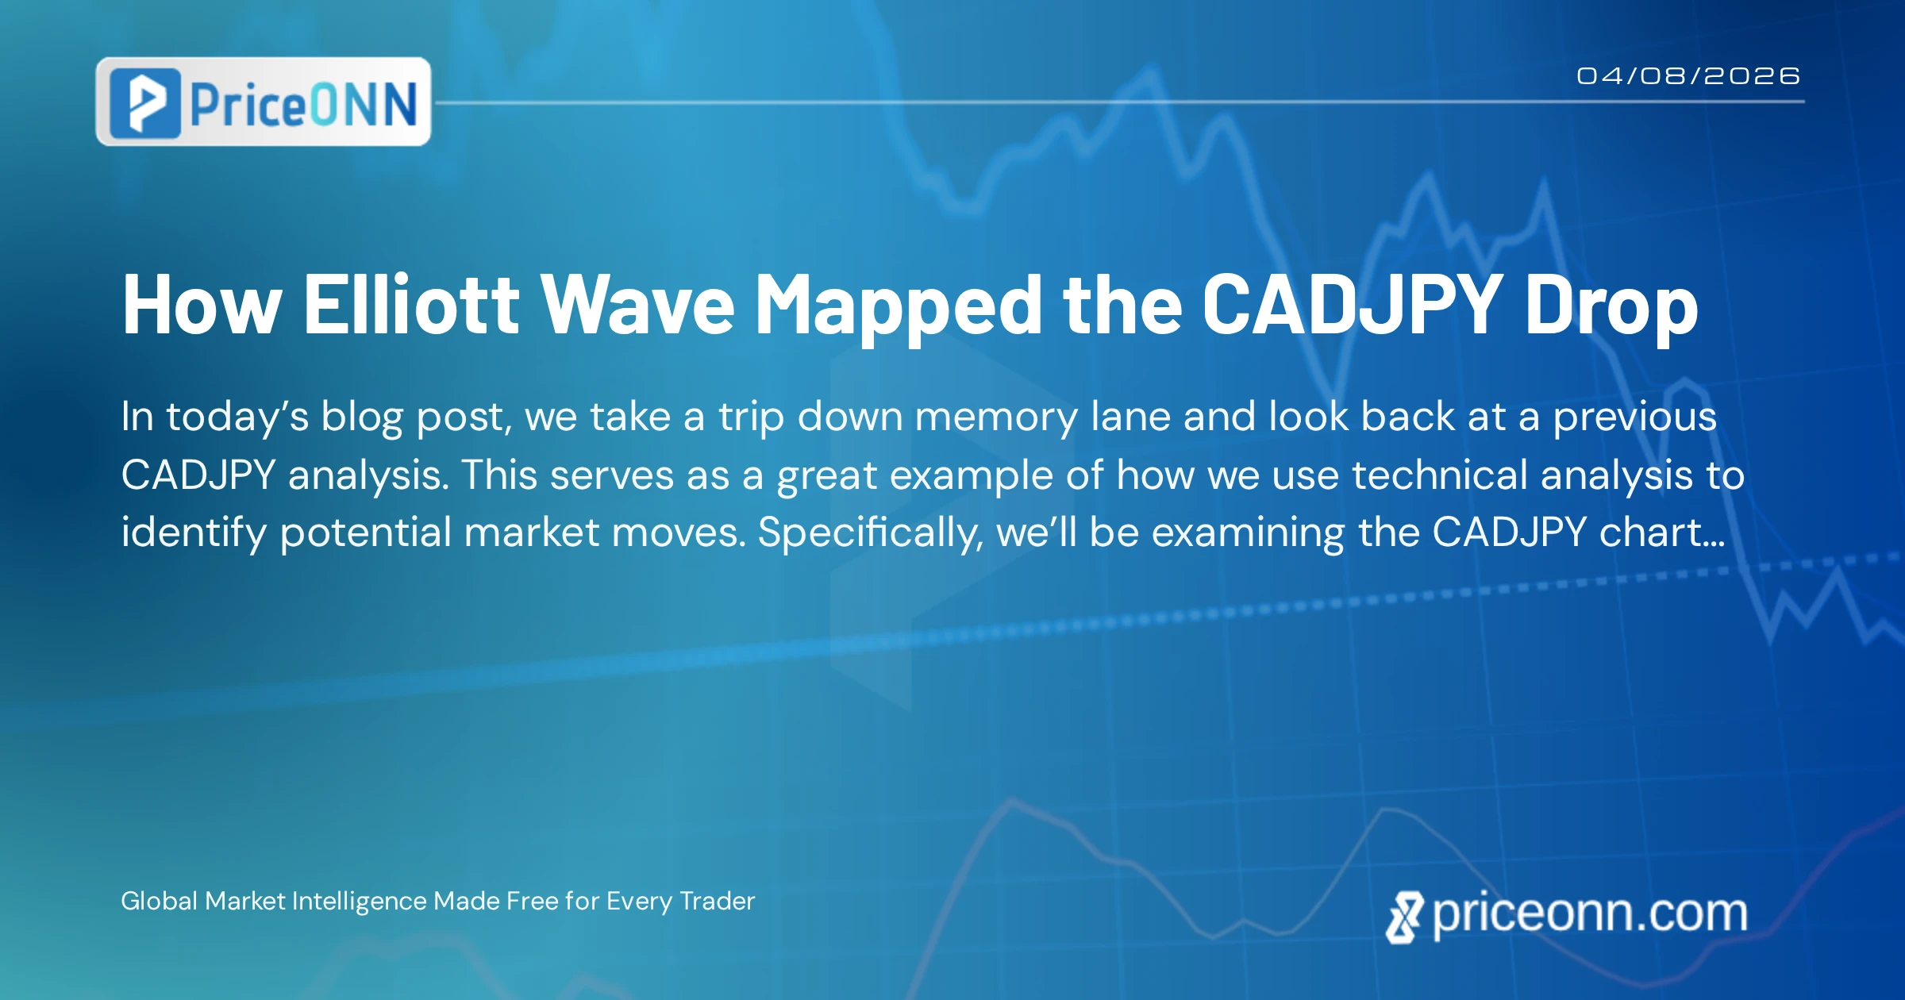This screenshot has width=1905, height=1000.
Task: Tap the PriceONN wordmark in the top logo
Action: point(303,104)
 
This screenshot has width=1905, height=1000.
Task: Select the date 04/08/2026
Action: point(1688,75)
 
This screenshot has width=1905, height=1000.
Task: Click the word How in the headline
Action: point(202,305)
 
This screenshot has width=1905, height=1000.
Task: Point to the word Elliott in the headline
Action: point(411,303)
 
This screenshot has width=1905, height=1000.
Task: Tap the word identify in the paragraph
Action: point(194,533)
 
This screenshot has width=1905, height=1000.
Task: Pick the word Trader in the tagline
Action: point(718,901)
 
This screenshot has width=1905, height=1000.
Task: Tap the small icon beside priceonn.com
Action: point(1405,917)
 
